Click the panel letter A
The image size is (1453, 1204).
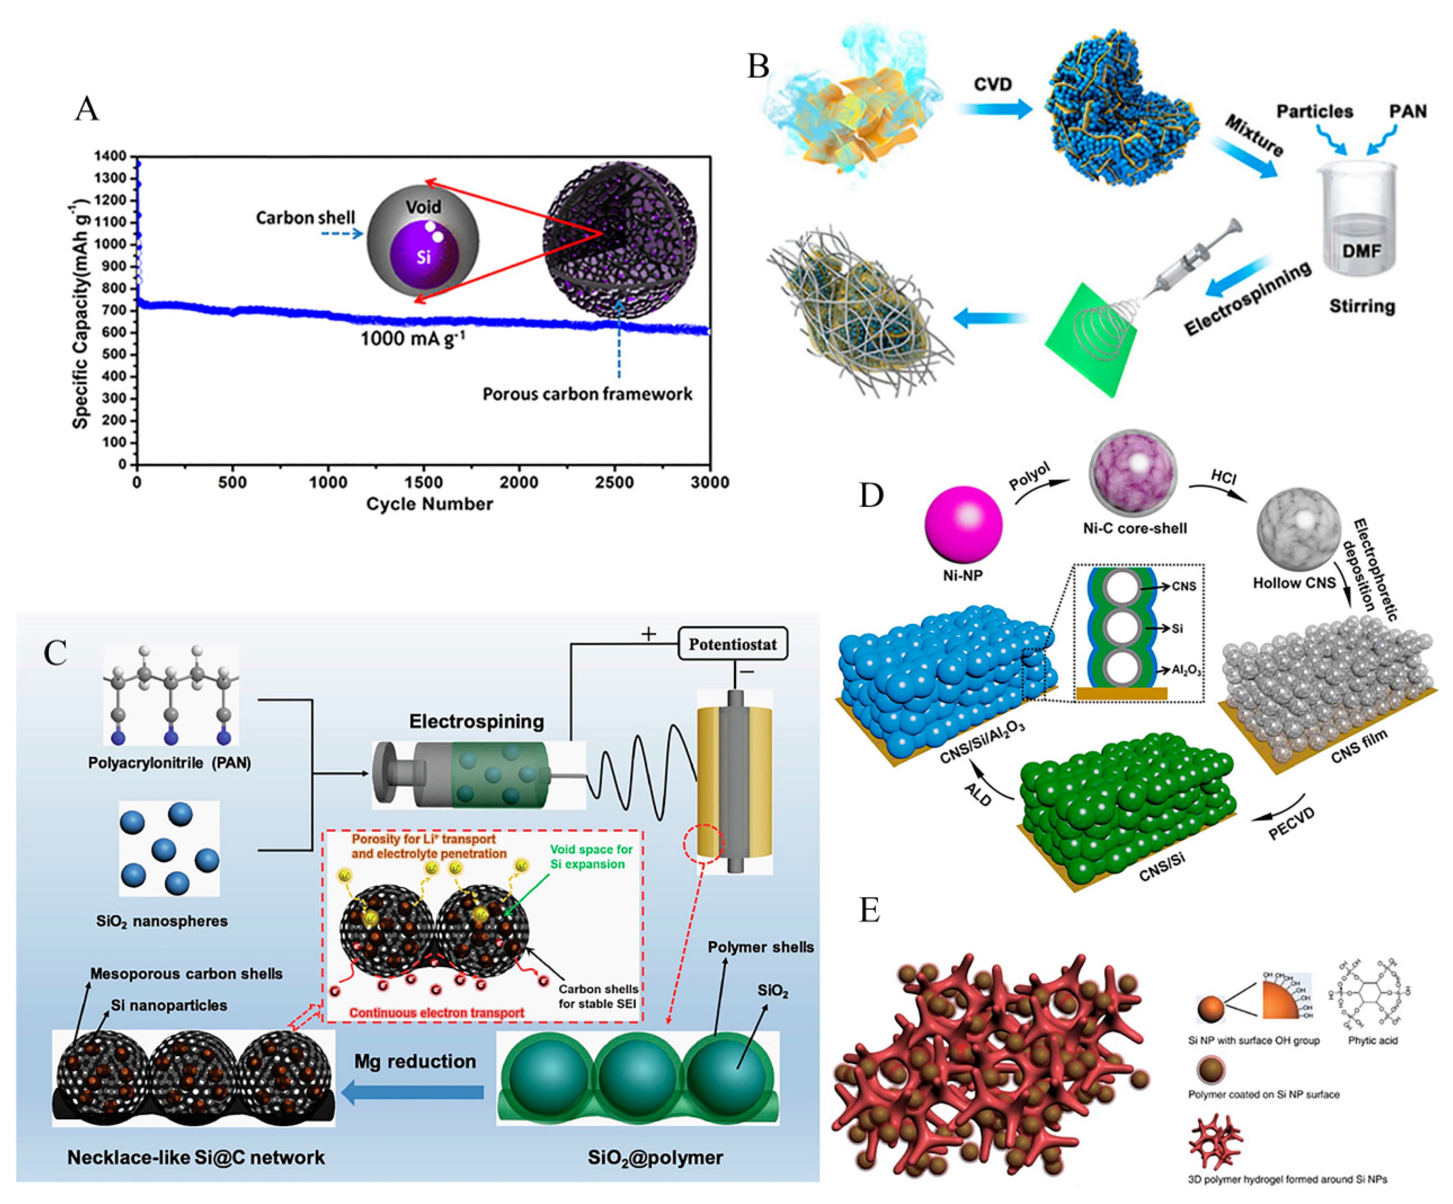(87, 109)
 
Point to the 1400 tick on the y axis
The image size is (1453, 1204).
(111, 156)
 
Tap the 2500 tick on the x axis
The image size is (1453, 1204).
(614, 482)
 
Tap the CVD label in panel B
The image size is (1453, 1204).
(992, 84)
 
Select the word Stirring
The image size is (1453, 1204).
(1362, 306)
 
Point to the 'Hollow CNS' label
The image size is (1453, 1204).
(1294, 583)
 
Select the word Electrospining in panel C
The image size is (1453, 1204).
(477, 722)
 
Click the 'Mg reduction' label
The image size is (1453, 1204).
(415, 1062)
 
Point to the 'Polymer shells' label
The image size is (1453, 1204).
(761, 947)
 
